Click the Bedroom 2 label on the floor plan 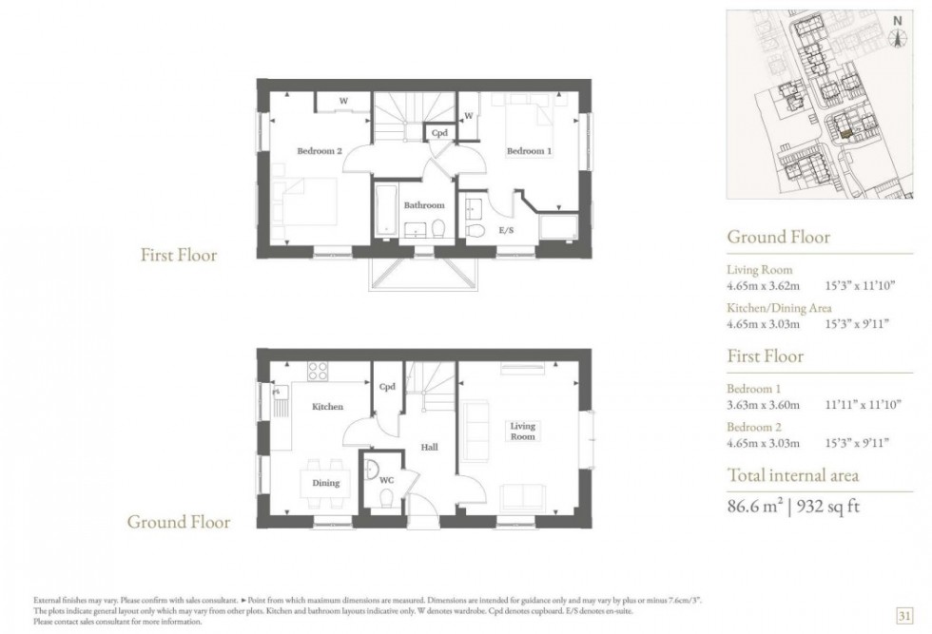(320, 151)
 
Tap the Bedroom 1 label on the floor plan (529, 151)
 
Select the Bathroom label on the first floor (424, 205)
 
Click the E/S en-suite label (506, 230)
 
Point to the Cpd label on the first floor (439, 133)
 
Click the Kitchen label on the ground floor (327, 407)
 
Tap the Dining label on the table (325, 483)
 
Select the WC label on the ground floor (386, 479)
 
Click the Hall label (429, 447)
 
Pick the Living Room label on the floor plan (522, 431)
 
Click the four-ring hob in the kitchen (318, 372)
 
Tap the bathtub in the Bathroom (386, 210)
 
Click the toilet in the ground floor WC (386, 498)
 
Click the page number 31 (904, 616)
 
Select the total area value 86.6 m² (755, 507)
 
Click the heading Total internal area (793, 475)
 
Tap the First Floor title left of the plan (179, 255)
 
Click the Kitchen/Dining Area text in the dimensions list (779, 308)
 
